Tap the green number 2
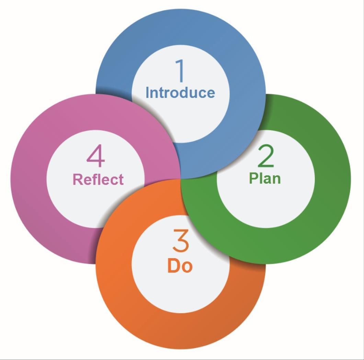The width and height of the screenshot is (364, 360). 265,156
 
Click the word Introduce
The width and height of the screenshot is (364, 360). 180,92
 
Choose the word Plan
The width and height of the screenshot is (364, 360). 265,178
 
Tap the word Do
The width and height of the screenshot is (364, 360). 180,266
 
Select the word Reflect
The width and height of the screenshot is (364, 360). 98,179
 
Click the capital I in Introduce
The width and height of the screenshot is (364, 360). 148,92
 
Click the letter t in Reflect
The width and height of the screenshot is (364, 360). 121,179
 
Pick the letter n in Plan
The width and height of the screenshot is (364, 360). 276,179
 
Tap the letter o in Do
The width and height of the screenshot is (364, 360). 187,267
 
